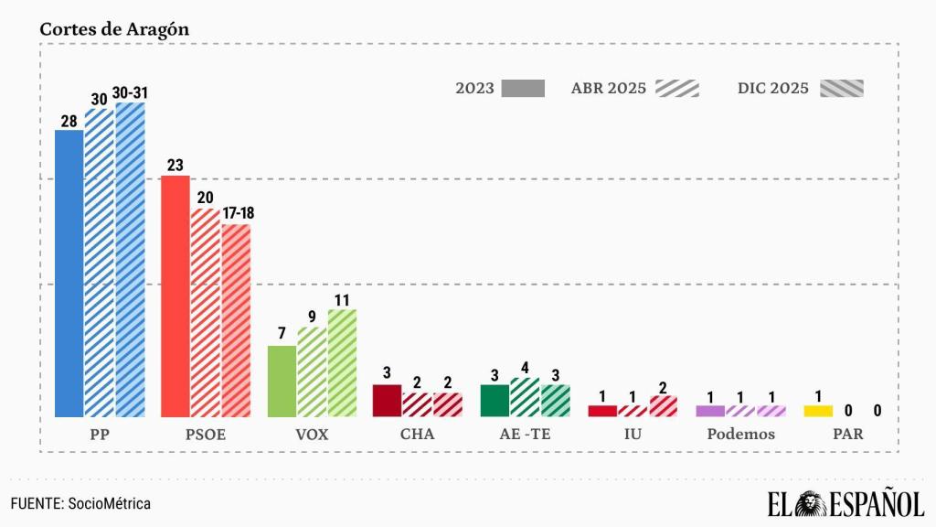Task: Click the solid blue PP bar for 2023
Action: pos(69,273)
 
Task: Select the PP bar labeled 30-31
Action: pos(130,259)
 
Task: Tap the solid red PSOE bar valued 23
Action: pos(175,296)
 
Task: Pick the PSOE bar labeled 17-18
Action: pos(235,320)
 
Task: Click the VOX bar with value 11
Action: pos(342,362)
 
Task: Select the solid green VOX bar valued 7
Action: pos(282,381)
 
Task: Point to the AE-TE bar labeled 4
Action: pos(525,397)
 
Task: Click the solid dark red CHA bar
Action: pos(388,400)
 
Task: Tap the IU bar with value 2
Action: pos(664,406)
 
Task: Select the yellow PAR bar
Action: pos(818,411)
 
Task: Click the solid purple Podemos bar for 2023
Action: pos(710,411)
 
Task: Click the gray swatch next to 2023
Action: pos(523,89)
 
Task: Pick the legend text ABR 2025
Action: pos(608,89)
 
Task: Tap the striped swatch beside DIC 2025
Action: pos(841,89)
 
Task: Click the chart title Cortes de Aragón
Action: pos(114,28)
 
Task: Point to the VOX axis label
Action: pos(312,435)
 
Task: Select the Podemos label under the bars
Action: pos(740,435)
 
